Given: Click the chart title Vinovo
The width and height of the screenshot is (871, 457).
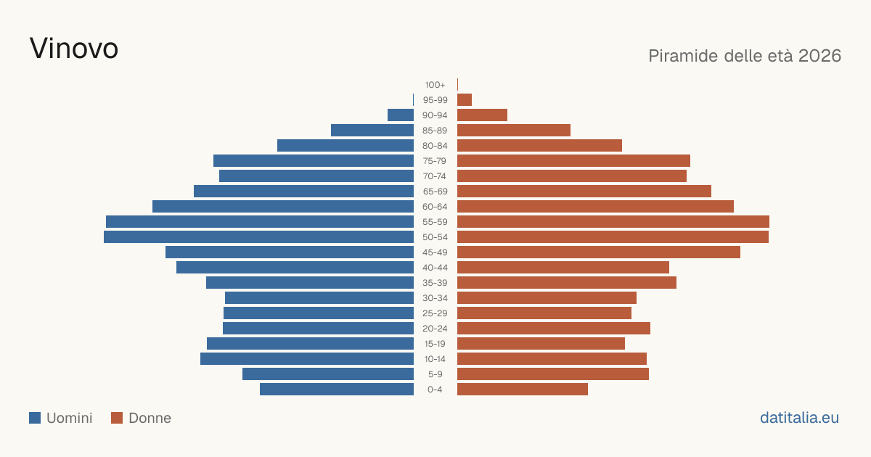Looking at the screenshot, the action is pyautogui.click(x=74, y=49).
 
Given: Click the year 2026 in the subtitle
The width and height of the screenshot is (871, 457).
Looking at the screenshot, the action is pyautogui.click(x=819, y=56).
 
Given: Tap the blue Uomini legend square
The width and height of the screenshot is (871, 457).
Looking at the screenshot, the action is pyautogui.click(x=35, y=418).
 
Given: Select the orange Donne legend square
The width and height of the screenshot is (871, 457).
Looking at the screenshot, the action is pyautogui.click(x=117, y=418).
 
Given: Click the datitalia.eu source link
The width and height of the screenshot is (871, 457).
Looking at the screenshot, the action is pyautogui.click(x=799, y=418).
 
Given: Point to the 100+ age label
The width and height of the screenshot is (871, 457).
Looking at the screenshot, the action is pyautogui.click(x=435, y=85).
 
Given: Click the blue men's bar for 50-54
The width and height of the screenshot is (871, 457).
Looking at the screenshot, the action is pyautogui.click(x=258, y=237).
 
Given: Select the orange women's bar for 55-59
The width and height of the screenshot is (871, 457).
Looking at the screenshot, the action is pyautogui.click(x=613, y=221).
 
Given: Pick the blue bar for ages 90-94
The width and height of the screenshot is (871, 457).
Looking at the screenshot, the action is pyautogui.click(x=401, y=115).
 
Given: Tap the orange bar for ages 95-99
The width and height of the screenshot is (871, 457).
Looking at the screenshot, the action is pyautogui.click(x=465, y=100).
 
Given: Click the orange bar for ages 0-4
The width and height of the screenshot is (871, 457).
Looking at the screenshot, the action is pyautogui.click(x=523, y=390).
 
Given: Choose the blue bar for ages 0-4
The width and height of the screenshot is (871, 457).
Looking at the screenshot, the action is pyautogui.click(x=337, y=390).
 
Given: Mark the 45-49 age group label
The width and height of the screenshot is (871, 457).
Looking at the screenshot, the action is pyautogui.click(x=435, y=252).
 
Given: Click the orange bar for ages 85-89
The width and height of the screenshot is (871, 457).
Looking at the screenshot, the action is pyautogui.click(x=514, y=130).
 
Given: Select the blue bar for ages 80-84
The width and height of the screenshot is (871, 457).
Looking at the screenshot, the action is pyautogui.click(x=345, y=145).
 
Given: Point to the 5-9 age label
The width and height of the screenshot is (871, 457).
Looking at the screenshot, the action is pyautogui.click(x=435, y=374).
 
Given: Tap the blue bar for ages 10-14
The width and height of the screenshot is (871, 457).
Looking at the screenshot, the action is pyautogui.click(x=307, y=358).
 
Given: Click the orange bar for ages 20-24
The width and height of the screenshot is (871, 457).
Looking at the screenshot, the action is pyautogui.click(x=554, y=329).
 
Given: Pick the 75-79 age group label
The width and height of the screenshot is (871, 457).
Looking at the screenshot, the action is pyautogui.click(x=435, y=161).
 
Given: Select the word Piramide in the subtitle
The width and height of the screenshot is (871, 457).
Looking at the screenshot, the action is pyautogui.click(x=683, y=56).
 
